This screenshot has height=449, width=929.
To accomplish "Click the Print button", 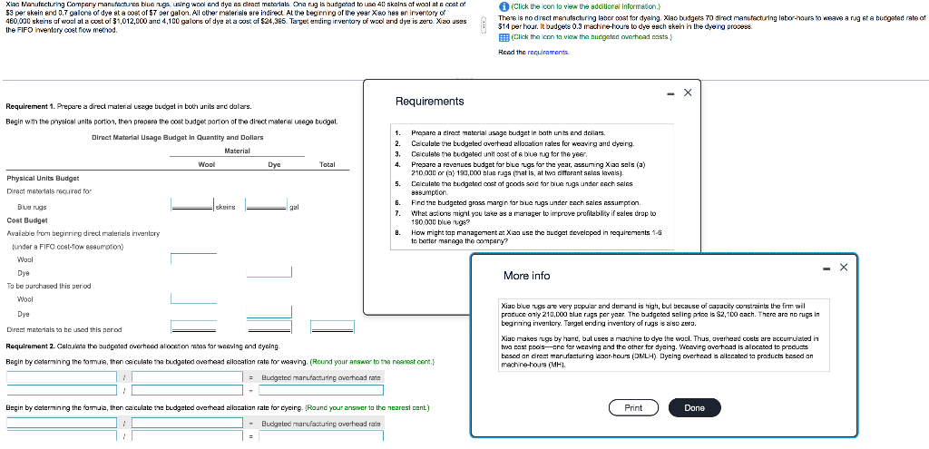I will coord(633,408).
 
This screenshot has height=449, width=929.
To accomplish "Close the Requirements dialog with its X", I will coord(687,93).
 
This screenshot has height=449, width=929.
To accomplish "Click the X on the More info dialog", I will coord(843,267).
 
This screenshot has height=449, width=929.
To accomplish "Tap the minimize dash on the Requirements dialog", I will coord(668,93).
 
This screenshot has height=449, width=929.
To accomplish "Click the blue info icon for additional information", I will coord(504,6).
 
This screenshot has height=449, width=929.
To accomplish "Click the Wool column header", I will coord(206,164).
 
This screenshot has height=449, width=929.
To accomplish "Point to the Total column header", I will coord(328,164).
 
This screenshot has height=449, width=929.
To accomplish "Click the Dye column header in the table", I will coord(274,164).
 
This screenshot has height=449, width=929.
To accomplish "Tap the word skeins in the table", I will coord(225,207).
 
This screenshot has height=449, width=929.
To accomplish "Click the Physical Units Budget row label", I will coord(43,179).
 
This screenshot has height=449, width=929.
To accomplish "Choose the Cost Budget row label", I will coord(27,220).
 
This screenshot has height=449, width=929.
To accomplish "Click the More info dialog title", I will coord(526,276).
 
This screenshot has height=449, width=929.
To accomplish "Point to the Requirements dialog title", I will coord(429,102).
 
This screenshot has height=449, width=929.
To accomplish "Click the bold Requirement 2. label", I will coord(34,347).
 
